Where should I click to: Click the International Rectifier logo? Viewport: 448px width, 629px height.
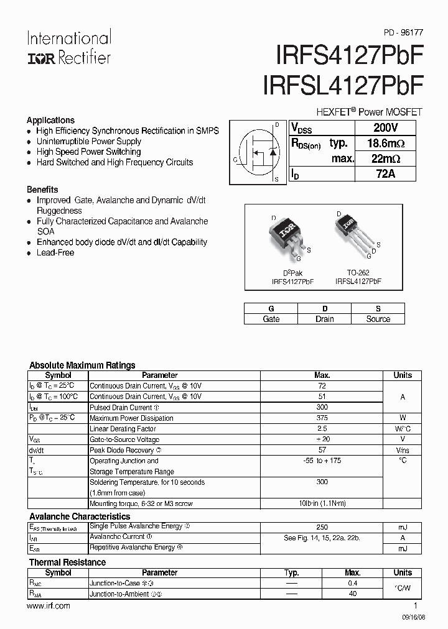tap(68, 47)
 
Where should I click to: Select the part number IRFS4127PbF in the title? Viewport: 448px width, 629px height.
tap(349, 56)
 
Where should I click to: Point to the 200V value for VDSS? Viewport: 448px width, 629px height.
tap(386, 127)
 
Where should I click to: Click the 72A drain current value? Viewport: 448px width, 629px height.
tap(386, 174)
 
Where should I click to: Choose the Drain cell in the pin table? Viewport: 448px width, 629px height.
tap(324, 319)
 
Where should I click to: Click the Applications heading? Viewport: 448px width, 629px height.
tap(50, 120)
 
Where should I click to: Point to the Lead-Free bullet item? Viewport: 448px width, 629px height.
tap(55, 253)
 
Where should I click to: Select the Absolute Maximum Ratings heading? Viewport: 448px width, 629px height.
tap(82, 365)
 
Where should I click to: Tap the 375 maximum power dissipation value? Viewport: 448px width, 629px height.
tap(322, 418)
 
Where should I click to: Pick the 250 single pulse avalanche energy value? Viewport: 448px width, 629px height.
tap(322, 526)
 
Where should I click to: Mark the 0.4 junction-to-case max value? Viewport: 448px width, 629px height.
tap(353, 584)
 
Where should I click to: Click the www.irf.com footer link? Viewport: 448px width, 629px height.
tap(49, 605)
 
